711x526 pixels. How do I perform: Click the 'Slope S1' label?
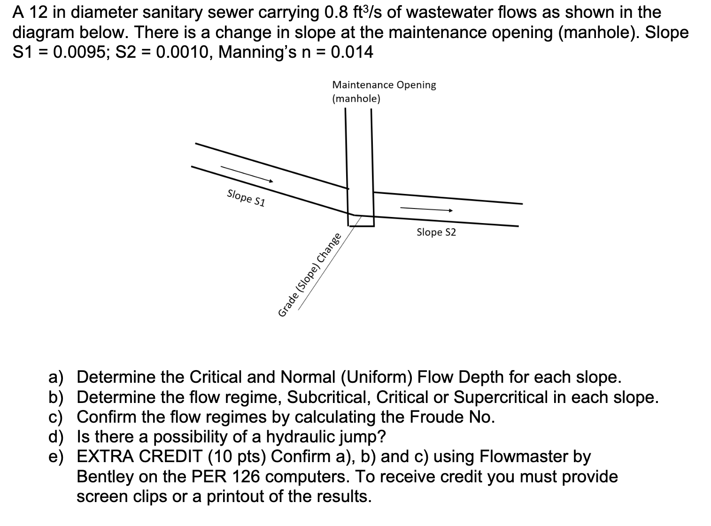[x=246, y=198]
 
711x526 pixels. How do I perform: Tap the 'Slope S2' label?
[x=436, y=232]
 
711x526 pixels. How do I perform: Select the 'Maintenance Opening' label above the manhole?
[x=384, y=85]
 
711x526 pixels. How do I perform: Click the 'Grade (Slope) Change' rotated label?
[x=309, y=275]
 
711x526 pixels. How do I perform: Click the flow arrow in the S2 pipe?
[x=426, y=209]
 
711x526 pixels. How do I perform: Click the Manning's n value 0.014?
[x=352, y=52]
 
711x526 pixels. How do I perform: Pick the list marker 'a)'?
[x=56, y=377]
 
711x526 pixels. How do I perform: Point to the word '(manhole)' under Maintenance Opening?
[x=356, y=99]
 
